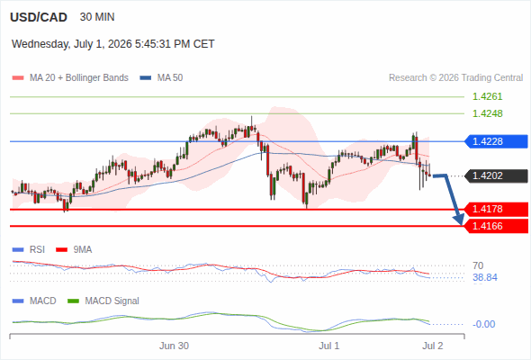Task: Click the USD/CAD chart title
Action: point(39,17)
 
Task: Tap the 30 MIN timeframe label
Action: point(97,17)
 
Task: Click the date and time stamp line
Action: point(113,44)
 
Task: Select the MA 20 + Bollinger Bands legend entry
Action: point(70,78)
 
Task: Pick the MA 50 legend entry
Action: point(161,78)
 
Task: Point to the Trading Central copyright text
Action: point(455,78)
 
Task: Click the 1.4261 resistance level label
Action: point(487,96)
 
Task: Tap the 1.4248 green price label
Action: point(487,113)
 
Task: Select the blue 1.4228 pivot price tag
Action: point(496,141)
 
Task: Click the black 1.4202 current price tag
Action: point(496,175)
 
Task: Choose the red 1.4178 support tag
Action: point(496,209)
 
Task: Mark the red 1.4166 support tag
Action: point(496,226)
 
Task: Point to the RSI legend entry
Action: point(29,249)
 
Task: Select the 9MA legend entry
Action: point(74,249)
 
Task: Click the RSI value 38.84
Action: point(485,278)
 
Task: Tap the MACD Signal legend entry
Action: point(103,301)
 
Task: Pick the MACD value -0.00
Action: point(483,324)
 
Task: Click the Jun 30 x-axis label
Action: point(174,346)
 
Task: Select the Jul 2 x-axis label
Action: point(433,346)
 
